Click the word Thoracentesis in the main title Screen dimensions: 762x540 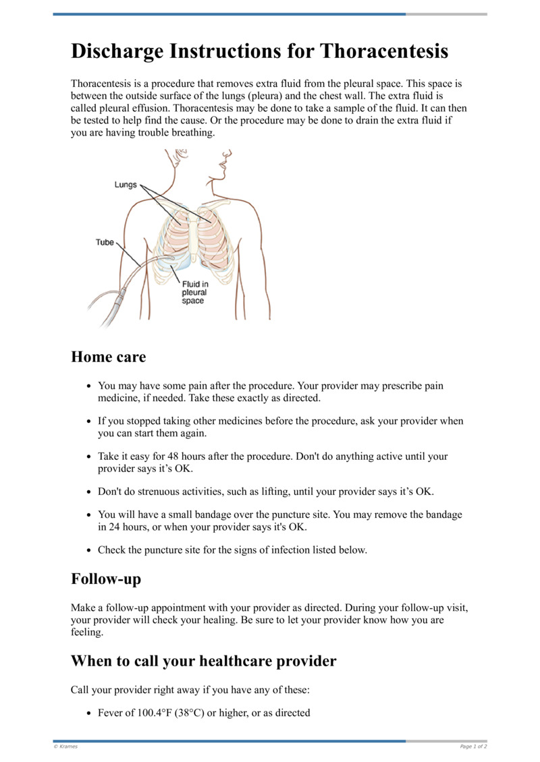384,51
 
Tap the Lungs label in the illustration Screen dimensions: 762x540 126,185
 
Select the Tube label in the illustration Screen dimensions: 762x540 105,242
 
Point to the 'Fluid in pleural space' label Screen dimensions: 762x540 194,293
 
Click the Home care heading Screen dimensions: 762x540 108,357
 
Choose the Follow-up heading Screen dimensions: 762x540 105,579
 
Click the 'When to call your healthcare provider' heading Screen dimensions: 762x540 203,661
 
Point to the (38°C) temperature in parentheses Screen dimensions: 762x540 190,712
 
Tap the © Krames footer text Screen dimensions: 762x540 65,746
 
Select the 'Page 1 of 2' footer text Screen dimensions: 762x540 473,746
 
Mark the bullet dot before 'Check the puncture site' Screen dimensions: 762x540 89,550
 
